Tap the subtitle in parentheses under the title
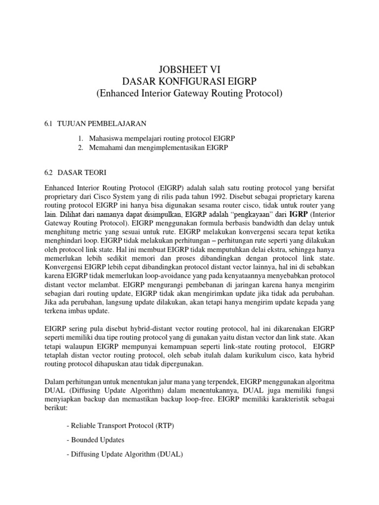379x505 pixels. pos(189,94)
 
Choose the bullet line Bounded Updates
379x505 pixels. pos(95,439)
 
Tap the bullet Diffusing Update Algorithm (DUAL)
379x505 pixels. pos(124,454)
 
